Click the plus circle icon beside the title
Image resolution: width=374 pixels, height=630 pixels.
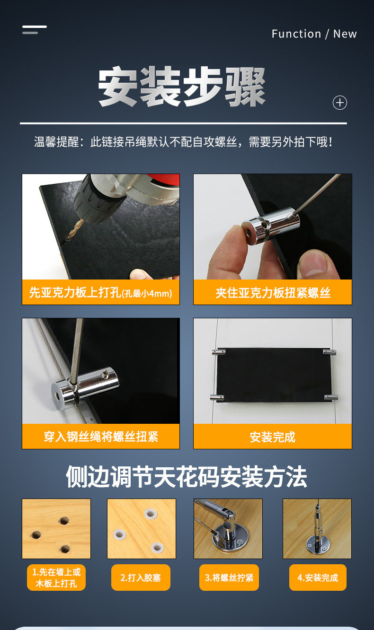339,103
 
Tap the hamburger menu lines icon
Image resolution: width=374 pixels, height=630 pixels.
35,29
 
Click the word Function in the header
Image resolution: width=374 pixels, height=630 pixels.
296,34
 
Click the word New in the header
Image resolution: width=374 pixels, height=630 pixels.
345,34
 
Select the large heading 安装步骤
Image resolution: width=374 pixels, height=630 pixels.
182,87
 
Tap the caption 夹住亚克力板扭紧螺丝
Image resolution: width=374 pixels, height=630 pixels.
273,293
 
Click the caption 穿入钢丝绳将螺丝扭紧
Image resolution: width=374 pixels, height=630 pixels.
101,437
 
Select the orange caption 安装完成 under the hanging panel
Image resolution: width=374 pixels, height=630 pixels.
273,437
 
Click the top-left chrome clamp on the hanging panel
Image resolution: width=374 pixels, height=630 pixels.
219,351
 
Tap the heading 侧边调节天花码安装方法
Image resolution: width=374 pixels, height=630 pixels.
187,476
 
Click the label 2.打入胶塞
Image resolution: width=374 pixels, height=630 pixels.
141,577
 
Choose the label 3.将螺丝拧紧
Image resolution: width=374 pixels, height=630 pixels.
229,577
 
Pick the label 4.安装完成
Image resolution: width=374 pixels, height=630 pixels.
318,577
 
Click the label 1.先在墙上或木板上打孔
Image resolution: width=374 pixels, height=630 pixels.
56,577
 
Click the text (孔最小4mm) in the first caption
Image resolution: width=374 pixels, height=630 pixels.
147,294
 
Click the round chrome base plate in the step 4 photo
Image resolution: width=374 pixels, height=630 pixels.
318,546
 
